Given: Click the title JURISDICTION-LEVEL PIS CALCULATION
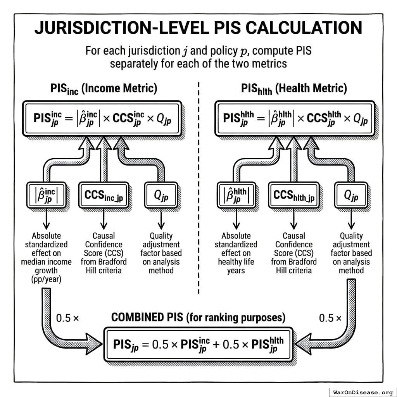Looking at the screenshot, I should point(198,28).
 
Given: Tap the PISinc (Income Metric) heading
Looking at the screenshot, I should point(104,88).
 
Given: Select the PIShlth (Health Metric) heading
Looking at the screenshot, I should point(294,88).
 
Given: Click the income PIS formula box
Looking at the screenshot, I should point(102,119).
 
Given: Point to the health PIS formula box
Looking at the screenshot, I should point(294,119).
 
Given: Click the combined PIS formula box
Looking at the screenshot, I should point(198,344).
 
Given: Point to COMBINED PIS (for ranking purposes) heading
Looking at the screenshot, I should point(198,318).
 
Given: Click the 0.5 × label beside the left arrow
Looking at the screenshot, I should point(67,318).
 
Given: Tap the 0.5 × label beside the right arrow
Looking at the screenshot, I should point(330,318).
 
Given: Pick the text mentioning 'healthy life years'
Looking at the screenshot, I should point(236,262).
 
